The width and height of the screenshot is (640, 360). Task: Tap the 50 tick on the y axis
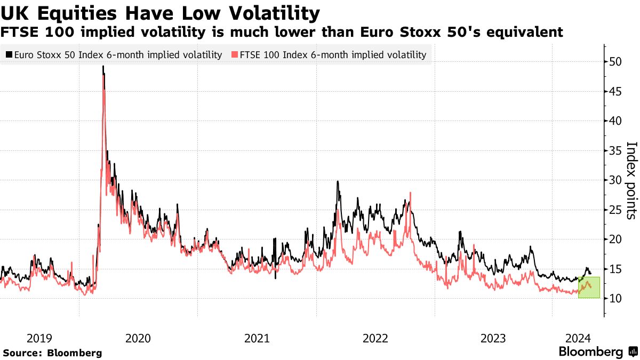coord(616,62)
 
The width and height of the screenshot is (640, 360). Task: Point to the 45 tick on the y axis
coord(616,92)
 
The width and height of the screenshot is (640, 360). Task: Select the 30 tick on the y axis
coord(616,180)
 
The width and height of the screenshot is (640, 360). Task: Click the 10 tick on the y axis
coord(616,299)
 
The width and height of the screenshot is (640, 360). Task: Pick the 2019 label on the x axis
coord(39,338)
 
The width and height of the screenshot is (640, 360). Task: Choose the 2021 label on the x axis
coord(257,338)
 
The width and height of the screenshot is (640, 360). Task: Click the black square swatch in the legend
coord(9,55)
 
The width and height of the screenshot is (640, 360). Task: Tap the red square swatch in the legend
coord(235,55)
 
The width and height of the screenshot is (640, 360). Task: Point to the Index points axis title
coord(631,180)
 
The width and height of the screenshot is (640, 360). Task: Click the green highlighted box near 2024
coord(589,287)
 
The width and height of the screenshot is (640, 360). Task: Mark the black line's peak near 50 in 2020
coord(103,66)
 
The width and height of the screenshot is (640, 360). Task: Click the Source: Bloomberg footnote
coord(52,353)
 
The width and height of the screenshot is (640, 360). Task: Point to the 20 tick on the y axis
coord(616,239)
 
